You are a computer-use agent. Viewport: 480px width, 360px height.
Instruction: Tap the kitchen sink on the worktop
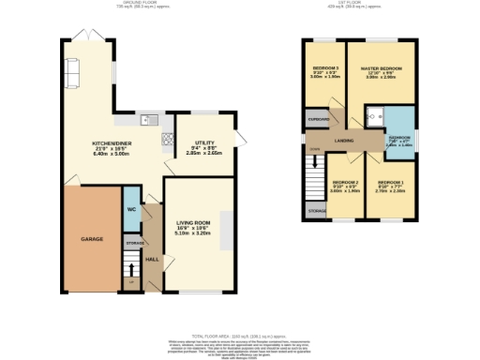(x=146, y=120)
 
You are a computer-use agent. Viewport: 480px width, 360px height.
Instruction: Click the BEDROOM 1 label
(x=390, y=184)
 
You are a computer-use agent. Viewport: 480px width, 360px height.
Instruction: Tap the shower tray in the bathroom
(x=374, y=116)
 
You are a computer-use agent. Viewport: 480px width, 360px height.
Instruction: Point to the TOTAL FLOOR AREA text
(x=239, y=335)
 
